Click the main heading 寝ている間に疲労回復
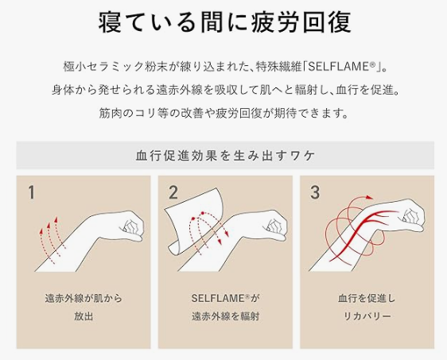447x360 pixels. tap(224, 21)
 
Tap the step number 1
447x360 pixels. tap(31, 192)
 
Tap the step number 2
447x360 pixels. tap(173, 192)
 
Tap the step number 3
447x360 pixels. tap(315, 192)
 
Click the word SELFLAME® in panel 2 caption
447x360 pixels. tap(217, 300)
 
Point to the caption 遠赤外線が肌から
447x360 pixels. tap(84, 300)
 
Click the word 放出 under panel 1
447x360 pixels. tap(84, 317)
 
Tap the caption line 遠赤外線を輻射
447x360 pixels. tap(225, 317)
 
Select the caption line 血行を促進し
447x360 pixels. tap(367, 300)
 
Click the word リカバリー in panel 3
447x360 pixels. tap(367, 317)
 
